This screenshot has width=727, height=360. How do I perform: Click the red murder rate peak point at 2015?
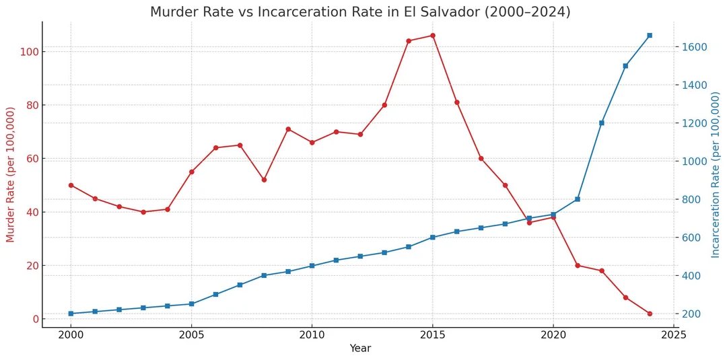pyautogui.click(x=432, y=36)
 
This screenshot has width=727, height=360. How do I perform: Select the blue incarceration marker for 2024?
pyautogui.click(x=650, y=35)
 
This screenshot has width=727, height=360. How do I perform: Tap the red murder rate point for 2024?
pyautogui.click(x=650, y=314)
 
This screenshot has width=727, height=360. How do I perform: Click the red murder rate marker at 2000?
pyautogui.click(x=71, y=185)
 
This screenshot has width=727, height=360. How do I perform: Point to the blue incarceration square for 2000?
pyautogui.click(x=71, y=314)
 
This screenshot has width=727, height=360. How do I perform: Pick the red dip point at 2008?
pyautogui.click(x=264, y=180)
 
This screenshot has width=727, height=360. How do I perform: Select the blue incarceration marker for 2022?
pyautogui.click(x=601, y=123)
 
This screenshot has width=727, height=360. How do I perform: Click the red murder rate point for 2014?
pyautogui.click(x=409, y=41)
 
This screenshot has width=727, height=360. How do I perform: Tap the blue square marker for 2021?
pyautogui.click(x=577, y=199)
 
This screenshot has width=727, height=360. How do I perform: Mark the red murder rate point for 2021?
pyautogui.click(x=577, y=265)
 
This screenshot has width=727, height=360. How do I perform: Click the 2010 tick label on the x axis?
pyautogui.click(x=312, y=334)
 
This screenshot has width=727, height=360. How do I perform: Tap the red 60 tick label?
pyautogui.click(x=28, y=159)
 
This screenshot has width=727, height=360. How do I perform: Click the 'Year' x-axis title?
pyautogui.click(x=360, y=349)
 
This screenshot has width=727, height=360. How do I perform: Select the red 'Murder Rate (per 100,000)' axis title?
pyautogui.click(x=10, y=175)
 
